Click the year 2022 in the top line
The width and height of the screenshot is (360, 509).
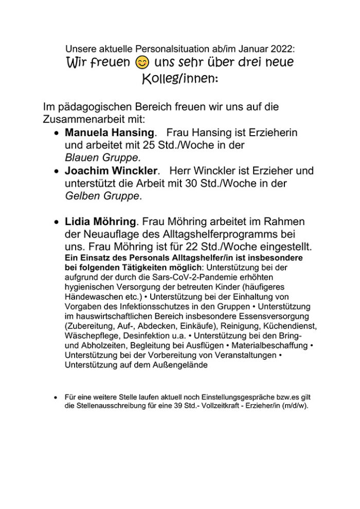click(x=282, y=49)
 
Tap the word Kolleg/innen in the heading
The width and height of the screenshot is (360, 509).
click(x=180, y=80)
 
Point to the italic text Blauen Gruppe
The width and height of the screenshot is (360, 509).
click(x=102, y=157)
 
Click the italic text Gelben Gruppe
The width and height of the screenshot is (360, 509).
click(x=102, y=195)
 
